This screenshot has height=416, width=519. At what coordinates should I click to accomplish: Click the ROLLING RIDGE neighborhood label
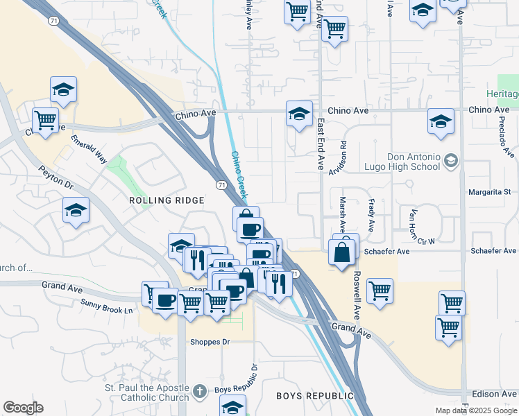click(167, 200)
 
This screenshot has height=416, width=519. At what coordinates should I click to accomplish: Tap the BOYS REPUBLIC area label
click(314, 396)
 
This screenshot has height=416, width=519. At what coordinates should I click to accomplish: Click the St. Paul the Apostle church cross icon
click(199, 392)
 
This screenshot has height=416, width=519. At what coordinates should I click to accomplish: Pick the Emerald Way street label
click(88, 148)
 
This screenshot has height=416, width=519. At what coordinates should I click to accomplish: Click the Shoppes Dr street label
click(210, 342)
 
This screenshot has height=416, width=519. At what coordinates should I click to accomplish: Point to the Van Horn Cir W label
click(421, 227)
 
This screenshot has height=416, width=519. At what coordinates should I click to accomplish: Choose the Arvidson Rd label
click(343, 159)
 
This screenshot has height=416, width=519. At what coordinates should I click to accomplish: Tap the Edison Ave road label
click(494, 393)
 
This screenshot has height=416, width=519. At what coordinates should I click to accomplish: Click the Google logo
click(23, 408)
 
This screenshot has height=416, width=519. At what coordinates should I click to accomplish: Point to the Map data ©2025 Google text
click(476, 410)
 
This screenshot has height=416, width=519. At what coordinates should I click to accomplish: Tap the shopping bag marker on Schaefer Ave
click(343, 252)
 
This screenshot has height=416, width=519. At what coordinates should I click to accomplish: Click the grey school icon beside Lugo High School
click(451, 162)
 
